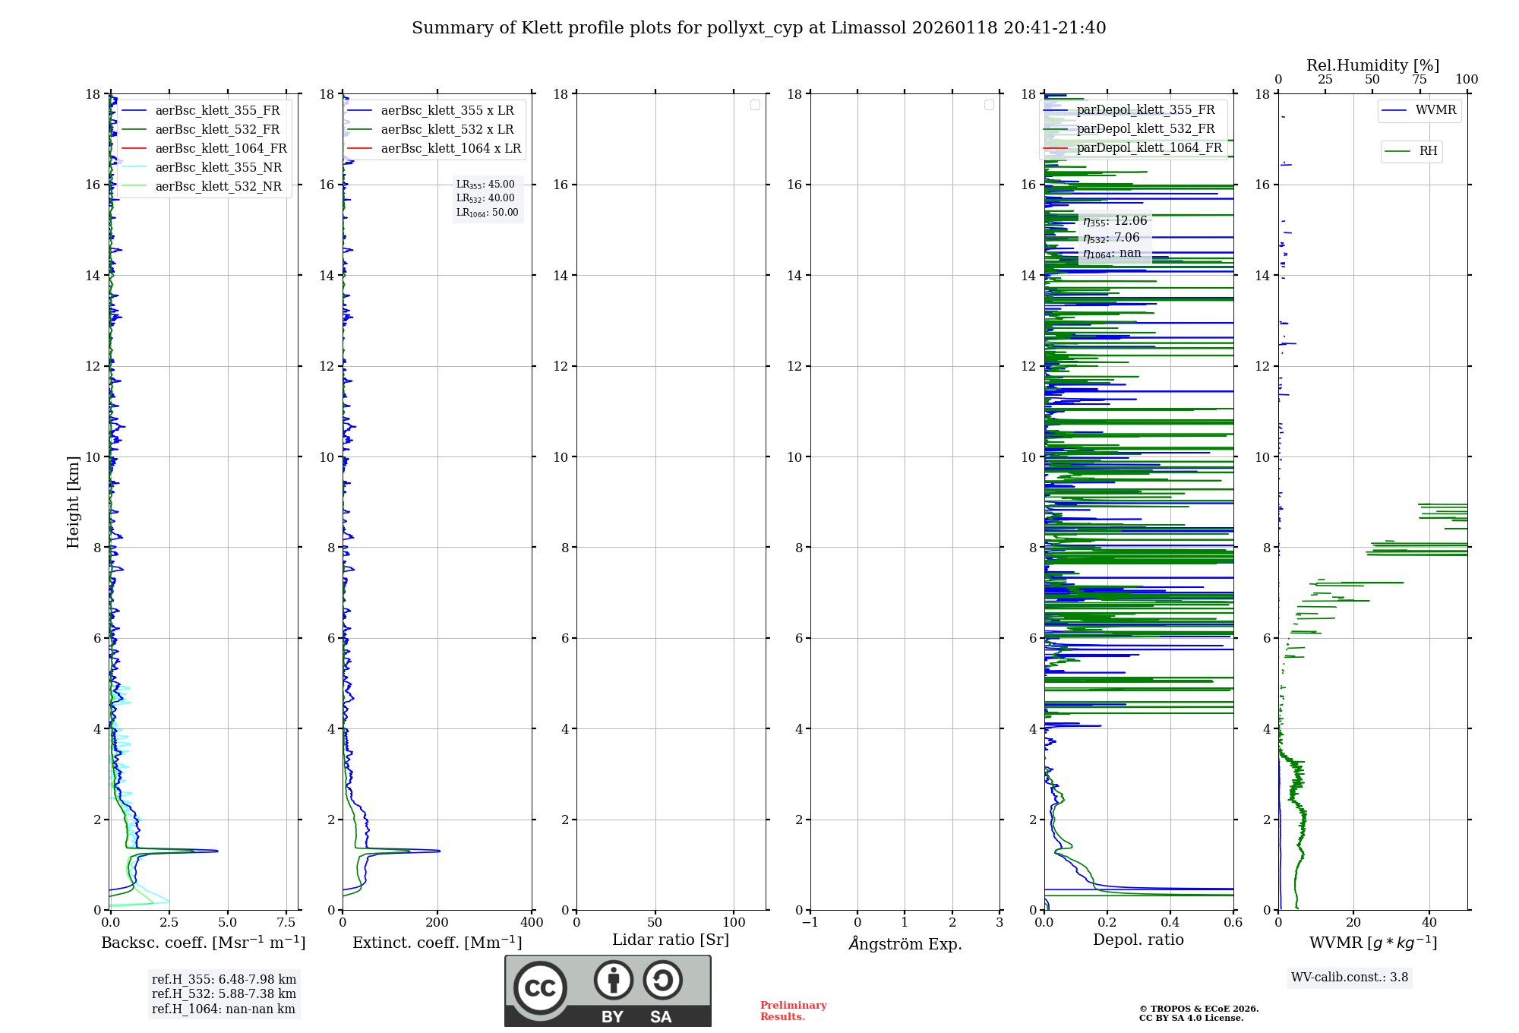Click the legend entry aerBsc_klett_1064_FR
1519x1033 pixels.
[220, 149]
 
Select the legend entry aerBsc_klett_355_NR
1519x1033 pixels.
[218, 168]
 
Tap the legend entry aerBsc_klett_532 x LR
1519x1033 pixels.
[447, 130]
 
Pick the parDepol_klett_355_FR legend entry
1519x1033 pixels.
[1145, 110]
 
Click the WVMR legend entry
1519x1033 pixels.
[1435, 110]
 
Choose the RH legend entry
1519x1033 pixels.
[1428, 151]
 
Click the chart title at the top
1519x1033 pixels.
[759, 28]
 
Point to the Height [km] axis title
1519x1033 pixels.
[73, 502]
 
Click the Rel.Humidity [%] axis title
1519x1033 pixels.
[1372, 65]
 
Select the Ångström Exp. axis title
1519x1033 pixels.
[905, 944]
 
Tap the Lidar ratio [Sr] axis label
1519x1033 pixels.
[671, 940]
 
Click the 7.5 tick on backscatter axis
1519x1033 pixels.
[286, 923]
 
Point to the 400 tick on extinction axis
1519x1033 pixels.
[532, 923]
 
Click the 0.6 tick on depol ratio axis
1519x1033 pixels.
[1233, 923]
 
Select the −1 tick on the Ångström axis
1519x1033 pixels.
[810, 923]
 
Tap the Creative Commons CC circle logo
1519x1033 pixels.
[540, 988]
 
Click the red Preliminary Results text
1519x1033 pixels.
[793, 1011]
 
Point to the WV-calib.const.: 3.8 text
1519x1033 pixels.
[1350, 978]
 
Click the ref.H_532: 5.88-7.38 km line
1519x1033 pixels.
[224, 994]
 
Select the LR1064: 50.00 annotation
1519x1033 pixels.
[488, 213]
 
